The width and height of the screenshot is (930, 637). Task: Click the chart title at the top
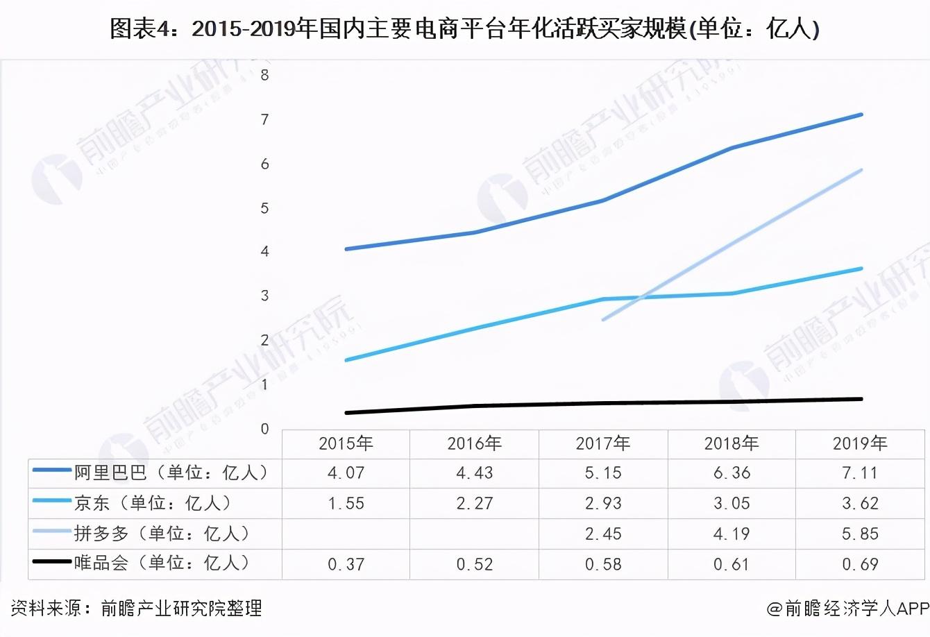pyautogui.click(x=464, y=28)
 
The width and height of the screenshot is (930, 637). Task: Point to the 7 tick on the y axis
pyautogui.click(x=264, y=120)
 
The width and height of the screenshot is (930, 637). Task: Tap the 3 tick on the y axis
pyautogui.click(x=264, y=296)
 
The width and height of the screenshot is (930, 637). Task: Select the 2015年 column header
pyautogui.click(x=346, y=443)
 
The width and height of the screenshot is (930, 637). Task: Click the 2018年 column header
pyautogui.click(x=732, y=443)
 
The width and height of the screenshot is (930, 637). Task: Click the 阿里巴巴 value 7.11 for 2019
pyautogui.click(x=860, y=473)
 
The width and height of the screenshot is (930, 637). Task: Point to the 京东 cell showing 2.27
pyautogui.click(x=475, y=503)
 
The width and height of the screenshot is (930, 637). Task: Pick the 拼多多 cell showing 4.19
pyautogui.click(x=732, y=534)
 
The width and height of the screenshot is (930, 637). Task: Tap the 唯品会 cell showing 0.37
pyautogui.click(x=346, y=564)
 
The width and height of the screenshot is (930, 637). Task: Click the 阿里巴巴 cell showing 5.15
pyautogui.click(x=603, y=473)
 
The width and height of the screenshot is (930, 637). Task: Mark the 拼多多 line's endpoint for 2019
pyautogui.click(x=861, y=170)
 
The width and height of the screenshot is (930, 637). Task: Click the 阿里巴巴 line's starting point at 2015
pyautogui.click(x=346, y=248)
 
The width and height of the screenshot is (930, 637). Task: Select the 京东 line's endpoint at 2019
pyautogui.click(x=861, y=269)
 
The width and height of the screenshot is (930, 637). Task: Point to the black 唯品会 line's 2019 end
pyautogui.click(x=861, y=399)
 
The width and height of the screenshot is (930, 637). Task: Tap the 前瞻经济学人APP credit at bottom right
pyautogui.click(x=847, y=609)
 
